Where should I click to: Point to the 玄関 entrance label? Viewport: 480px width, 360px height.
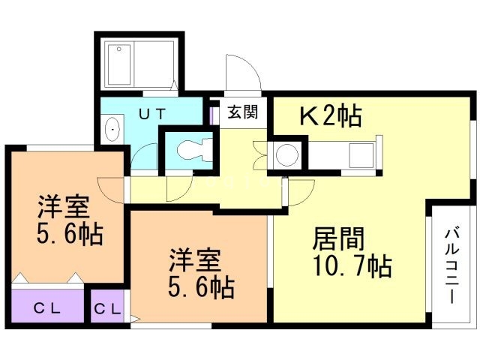click(242, 113)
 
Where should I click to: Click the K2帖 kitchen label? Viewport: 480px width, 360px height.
click(331, 115)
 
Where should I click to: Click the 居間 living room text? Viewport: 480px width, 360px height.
click(338, 240)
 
